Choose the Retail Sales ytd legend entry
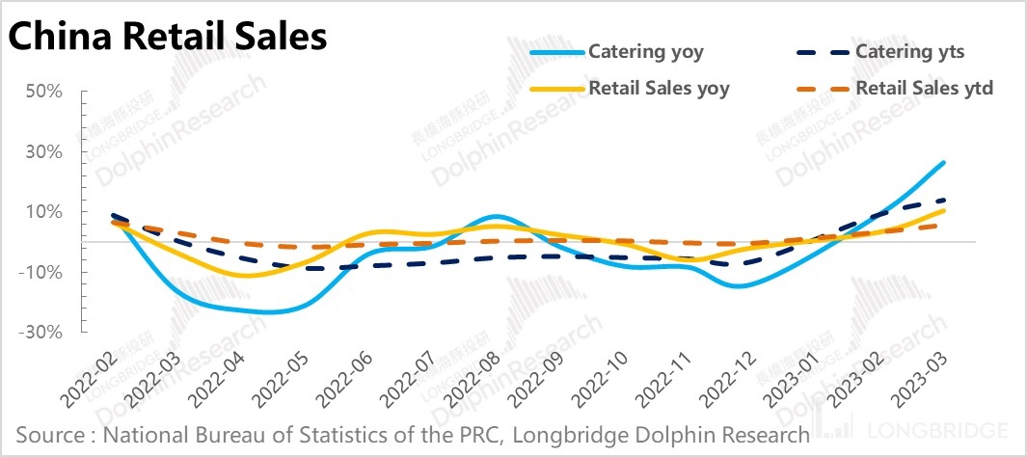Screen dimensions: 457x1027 coord(924,89)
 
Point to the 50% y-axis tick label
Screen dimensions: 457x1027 coord(44,92)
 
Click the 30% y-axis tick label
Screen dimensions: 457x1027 coord(44,151)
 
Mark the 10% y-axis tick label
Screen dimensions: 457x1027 coord(44,212)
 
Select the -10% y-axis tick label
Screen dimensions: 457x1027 coord(41,272)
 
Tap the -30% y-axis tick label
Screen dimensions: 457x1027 coord(41,333)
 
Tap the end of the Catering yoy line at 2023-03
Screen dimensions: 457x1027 coord(942,163)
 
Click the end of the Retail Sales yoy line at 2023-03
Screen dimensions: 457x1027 coord(942,210)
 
